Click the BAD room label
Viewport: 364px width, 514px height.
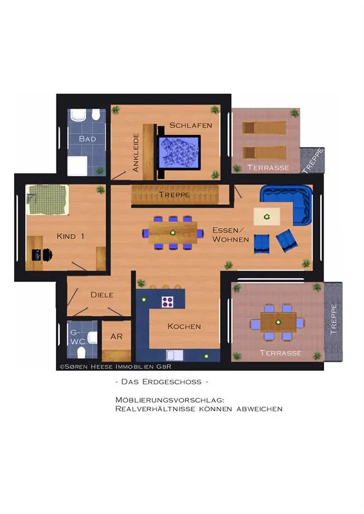(87, 139)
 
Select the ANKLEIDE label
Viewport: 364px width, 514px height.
(136, 152)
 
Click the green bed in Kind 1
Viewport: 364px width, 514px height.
(48, 200)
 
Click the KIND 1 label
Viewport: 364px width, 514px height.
(71, 236)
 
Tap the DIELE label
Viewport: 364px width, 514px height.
(102, 295)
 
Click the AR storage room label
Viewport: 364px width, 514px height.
(116, 336)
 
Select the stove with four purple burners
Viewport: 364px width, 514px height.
(167, 301)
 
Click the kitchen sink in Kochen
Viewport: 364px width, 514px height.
(175, 355)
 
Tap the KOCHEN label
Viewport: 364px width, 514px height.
(184, 326)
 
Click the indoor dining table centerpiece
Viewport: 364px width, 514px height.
(172, 233)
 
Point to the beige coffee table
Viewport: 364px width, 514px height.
(267, 217)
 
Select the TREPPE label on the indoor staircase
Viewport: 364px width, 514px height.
(174, 195)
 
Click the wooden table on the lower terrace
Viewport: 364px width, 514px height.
(278, 323)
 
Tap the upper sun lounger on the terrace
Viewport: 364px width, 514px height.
(264, 127)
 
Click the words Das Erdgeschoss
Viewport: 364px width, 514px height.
(161, 382)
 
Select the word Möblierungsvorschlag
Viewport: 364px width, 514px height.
(170, 400)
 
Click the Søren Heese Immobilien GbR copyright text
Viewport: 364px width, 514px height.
(115, 366)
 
